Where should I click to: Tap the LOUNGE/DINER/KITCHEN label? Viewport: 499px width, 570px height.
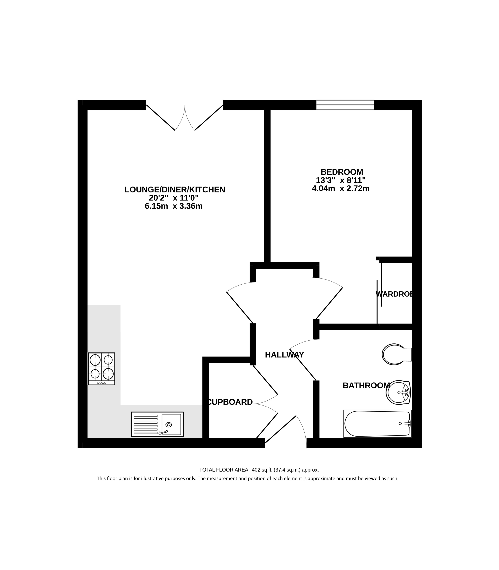[175, 190]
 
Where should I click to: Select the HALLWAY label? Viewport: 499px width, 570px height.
[284, 355]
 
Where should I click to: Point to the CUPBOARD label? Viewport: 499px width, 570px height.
[230, 402]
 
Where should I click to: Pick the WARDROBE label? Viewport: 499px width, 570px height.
[394, 294]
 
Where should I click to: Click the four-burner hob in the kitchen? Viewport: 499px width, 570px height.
[101, 369]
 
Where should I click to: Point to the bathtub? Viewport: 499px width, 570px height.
[377, 423]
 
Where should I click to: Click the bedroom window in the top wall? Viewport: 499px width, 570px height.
[345, 105]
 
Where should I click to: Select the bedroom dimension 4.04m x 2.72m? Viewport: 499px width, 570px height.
[341, 189]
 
